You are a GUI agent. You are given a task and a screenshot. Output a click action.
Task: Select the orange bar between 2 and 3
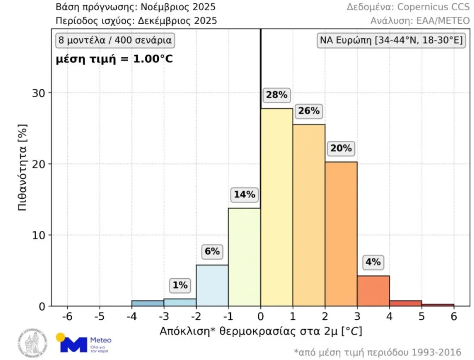tap(341, 234)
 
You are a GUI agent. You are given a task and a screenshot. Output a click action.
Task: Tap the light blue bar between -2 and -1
tap(212, 286)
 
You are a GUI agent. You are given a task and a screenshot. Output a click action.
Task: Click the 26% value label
tap(309, 111)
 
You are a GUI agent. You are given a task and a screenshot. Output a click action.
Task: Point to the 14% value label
tap(244, 195)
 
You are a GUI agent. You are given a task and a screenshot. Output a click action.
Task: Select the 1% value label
tap(180, 286)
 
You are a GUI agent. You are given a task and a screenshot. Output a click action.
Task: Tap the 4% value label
tap(373, 262)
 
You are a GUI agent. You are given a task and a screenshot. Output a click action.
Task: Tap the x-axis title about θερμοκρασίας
tap(261, 331)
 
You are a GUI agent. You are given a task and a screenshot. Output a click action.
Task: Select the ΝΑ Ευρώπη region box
tap(391, 40)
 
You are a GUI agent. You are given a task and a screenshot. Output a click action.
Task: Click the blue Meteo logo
tap(83, 343)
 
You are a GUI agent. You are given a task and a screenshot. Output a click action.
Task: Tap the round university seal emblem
tap(32, 343)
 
